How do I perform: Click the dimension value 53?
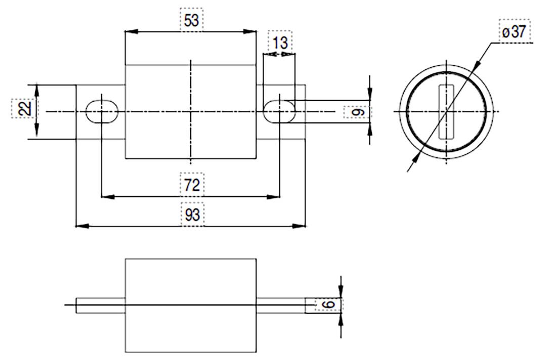(x=191, y=20)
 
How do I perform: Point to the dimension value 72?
(x=191, y=185)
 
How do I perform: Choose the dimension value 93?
(x=191, y=215)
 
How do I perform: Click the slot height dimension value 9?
(x=358, y=111)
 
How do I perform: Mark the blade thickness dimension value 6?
(x=329, y=305)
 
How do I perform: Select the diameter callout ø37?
(x=514, y=33)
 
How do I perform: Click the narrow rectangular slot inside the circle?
(x=446, y=111)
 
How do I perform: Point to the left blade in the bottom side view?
(x=101, y=305)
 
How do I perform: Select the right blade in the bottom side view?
(x=281, y=305)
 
